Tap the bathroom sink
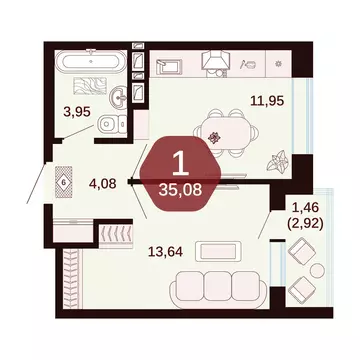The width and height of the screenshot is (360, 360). click(119, 98)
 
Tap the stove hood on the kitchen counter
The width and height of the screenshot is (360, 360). click(216, 62)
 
